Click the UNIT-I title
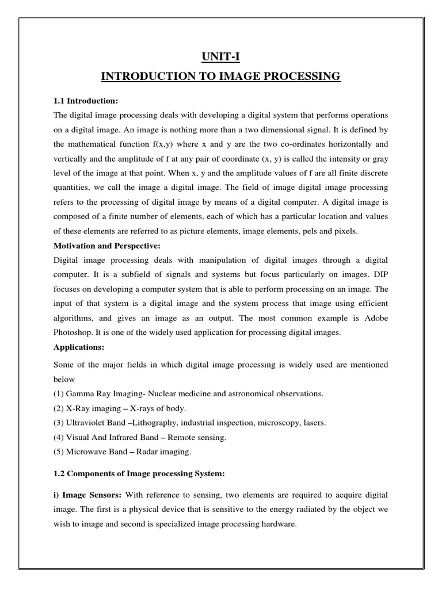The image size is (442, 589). click(x=220, y=56)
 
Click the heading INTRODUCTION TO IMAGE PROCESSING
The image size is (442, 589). click(x=220, y=77)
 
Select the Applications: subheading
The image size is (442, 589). click(x=77, y=347)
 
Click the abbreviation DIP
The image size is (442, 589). click(x=380, y=274)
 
